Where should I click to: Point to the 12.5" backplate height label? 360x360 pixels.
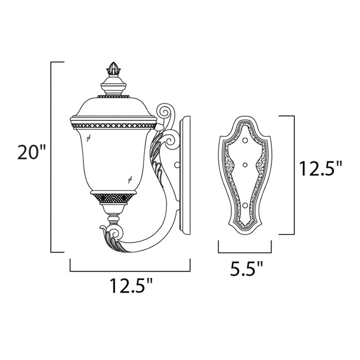point(320,168)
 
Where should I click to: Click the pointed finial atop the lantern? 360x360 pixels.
point(112,68)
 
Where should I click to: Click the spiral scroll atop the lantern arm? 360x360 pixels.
point(166,112)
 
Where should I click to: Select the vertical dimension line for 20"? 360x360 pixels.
point(50,157)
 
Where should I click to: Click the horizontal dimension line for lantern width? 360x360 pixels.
point(130,271)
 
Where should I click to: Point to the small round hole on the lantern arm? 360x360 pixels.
point(176,166)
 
